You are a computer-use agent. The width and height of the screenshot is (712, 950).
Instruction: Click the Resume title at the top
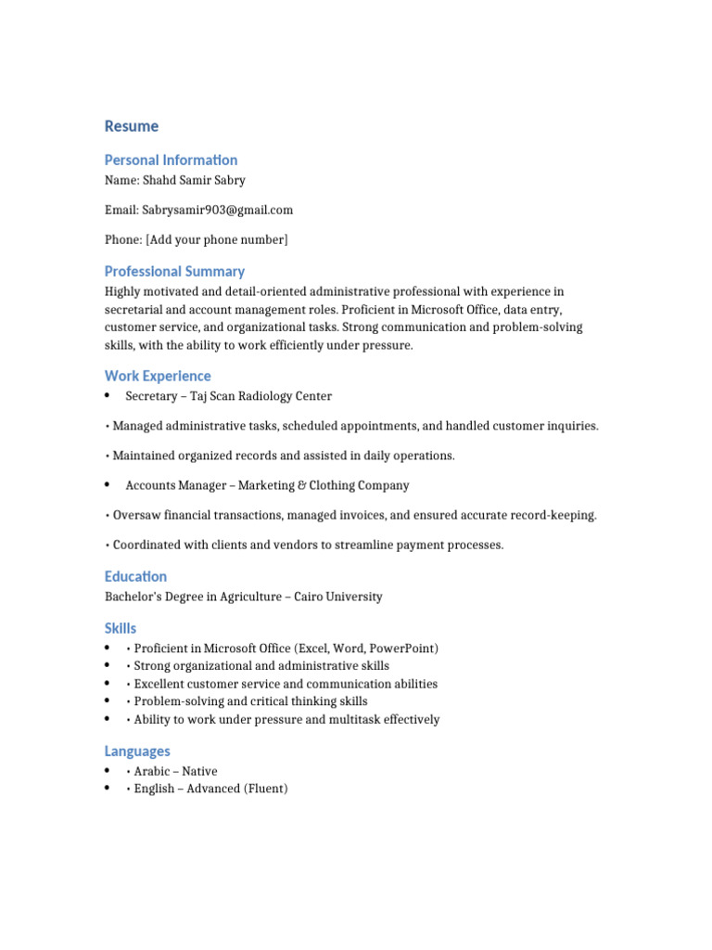tap(132, 126)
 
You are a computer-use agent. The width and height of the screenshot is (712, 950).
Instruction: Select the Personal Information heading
tap(171, 160)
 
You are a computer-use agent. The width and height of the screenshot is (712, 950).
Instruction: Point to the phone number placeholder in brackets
tap(216, 239)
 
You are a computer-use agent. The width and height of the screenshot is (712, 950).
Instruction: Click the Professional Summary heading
tap(174, 272)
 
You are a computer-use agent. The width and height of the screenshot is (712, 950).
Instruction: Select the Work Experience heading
tap(158, 376)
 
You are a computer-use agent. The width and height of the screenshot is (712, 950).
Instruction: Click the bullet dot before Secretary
tap(108, 395)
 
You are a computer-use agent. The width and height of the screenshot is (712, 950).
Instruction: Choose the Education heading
tap(135, 576)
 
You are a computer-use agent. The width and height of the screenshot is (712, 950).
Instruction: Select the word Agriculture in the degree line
tap(250, 597)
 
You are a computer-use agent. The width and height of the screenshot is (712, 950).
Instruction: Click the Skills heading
tap(121, 628)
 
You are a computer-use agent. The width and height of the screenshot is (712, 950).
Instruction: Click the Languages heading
tap(137, 751)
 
